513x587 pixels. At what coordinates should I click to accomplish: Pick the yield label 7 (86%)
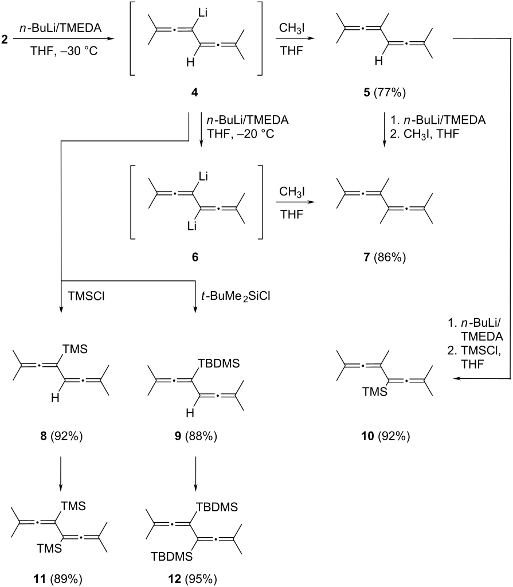click(382, 258)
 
